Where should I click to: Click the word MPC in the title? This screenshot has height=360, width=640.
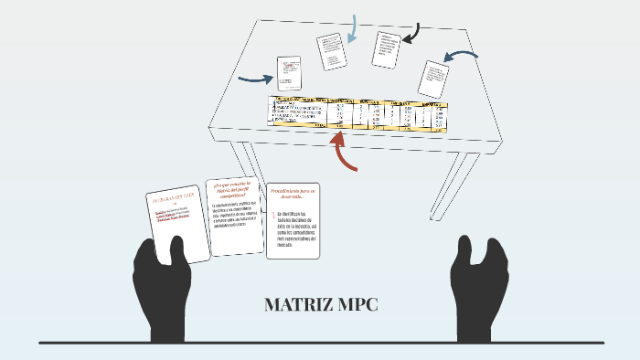click(x=357, y=305)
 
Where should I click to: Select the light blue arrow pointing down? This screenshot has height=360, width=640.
click(x=352, y=29)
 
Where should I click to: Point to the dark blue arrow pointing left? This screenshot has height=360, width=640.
click(x=464, y=59)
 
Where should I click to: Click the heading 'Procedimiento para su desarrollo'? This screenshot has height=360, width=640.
click(x=293, y=194)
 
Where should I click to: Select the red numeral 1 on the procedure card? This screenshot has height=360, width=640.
click(x=272, y=216)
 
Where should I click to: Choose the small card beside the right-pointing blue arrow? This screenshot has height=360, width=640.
click(x=290, y=74)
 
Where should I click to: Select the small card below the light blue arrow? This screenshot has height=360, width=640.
click(x=332, y=51)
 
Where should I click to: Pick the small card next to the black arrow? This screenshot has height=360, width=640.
click(x=386, y=49)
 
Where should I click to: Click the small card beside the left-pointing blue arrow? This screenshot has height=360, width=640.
click(x=432, y=79)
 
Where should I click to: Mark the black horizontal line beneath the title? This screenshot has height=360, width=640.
click(x=320, y=343)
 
